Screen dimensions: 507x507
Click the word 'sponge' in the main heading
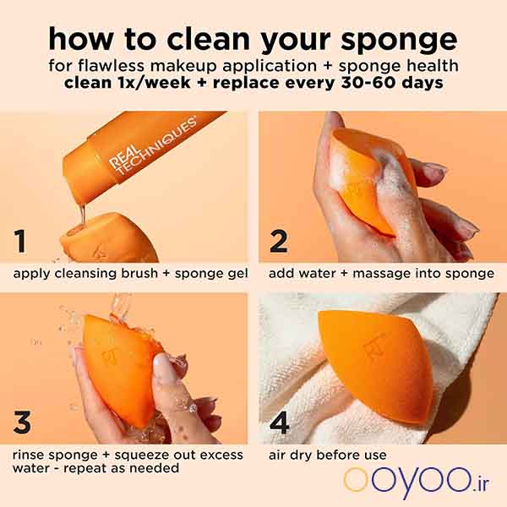pyautogui.click(x=399, y=40)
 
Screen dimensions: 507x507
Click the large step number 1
pyautogui.click(x=20, y=241)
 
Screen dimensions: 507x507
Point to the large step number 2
pyautogui.click(x=278, y=241)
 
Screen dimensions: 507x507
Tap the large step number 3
pyautogui.click(x=22, y=422)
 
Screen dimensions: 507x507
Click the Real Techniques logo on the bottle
pyautogui.click(x=152, y=146)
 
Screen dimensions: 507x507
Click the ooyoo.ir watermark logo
pyautogui.click(x=417, y=482)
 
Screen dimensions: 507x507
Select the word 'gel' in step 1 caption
pyautogui.click(x=239, y=274)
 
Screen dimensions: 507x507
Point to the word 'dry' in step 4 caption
pyautogui.click(x=302, y=455)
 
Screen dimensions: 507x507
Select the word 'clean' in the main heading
pyautogui.click(x=208, y=40)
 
